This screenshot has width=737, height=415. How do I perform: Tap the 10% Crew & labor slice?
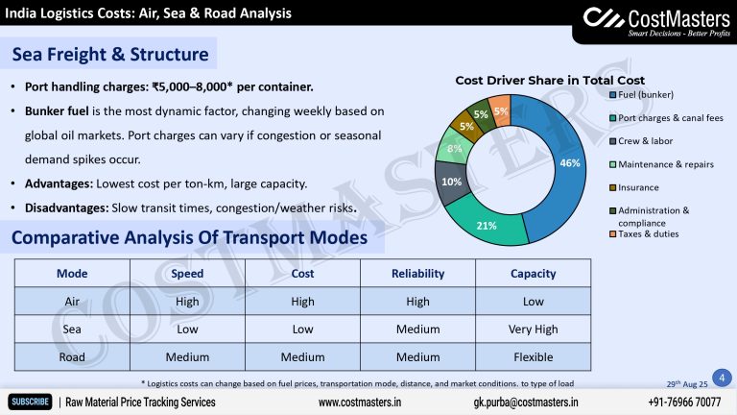[x=451, y=181]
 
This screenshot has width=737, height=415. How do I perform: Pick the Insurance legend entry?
[x=638, y=187]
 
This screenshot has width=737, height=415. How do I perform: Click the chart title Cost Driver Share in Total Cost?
[x=549, y=80]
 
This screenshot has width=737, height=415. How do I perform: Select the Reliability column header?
[x=417, y=274]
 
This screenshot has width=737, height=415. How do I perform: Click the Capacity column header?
[x=534, y=274]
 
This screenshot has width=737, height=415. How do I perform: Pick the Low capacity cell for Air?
[x=534, y=302]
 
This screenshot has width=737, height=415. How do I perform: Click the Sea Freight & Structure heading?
[x=109, y=55]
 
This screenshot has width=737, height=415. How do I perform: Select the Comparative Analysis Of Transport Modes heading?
[x=190, y=237]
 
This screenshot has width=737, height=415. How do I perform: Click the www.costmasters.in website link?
[x=360, y=402]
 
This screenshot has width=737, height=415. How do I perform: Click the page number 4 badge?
[x=721, y=377]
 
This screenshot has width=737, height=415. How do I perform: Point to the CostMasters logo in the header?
[x=652, y=21]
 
